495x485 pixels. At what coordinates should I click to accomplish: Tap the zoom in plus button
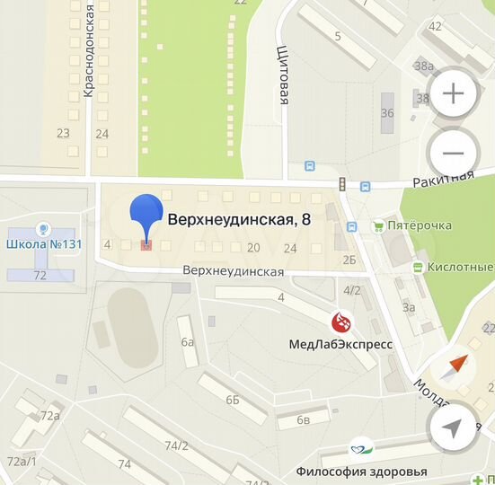click(454, 93)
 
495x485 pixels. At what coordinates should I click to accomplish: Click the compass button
click(454, 368)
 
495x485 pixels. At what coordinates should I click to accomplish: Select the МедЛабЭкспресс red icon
click(341, 321)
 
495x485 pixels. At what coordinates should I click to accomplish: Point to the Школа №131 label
click(39, 243)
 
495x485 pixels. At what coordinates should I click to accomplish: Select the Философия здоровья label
click(361, 471)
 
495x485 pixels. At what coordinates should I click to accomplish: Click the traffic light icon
click(341, 184)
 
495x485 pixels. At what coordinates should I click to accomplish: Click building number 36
click(387, 113)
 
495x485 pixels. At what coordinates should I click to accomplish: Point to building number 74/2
click(177, 445)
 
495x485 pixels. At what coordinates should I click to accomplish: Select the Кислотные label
click(460, 267)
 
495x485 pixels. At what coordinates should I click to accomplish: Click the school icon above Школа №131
click(40, 230)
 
